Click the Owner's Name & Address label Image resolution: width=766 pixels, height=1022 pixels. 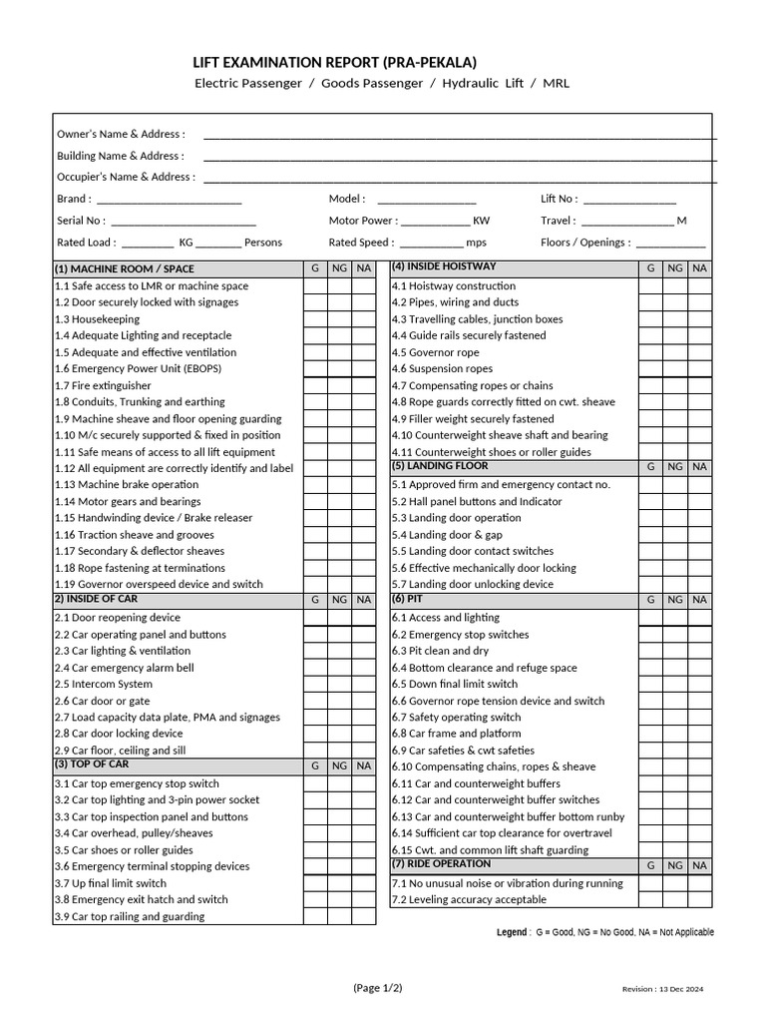point(121,134)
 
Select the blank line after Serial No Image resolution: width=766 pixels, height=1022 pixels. point(184,221)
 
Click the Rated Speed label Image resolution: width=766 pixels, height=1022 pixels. point(361,243)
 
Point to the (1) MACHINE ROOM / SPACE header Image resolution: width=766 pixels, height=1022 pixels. point(125,268)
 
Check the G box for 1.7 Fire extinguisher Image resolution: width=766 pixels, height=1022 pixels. point(315,385)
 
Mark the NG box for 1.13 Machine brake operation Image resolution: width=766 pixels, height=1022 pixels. point(339,485)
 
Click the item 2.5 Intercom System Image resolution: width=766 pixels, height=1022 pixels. point(104,685)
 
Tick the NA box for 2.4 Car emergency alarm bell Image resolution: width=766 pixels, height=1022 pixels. point(364,668)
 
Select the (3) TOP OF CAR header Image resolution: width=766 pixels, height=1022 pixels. point(92,765)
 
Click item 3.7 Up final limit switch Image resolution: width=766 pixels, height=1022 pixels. point(111,883)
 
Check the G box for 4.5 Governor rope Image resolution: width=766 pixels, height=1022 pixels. point(650,352)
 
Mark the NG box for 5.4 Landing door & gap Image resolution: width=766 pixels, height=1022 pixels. point(675,535)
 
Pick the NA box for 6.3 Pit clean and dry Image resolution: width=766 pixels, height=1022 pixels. point(700,651)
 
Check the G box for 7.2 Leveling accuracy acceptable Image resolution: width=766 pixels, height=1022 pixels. point(650,900)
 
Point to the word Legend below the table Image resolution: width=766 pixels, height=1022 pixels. point(513,932)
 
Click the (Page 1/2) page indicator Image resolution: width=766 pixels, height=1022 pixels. point(378,988)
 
